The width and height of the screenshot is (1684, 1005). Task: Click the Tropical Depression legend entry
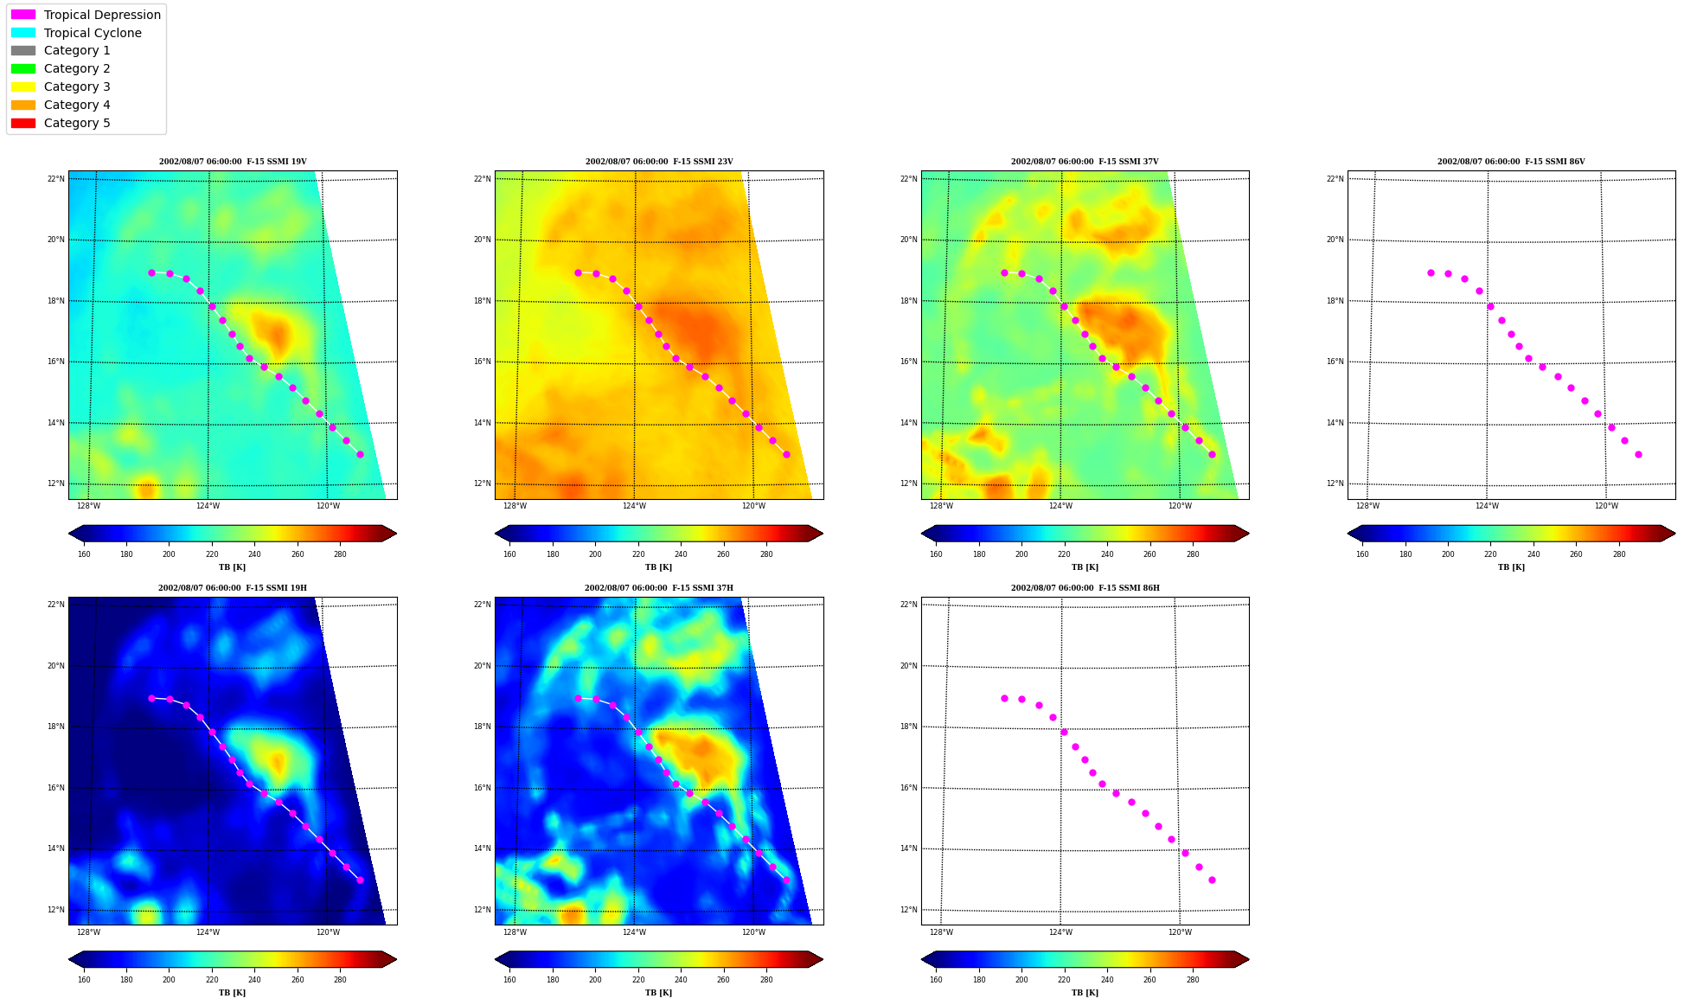coord(86,15)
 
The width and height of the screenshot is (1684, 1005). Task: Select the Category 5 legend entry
coord(61,123)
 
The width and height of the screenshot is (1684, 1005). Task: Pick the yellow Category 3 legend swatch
coord(23,86)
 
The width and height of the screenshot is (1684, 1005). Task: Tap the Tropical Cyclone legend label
coord(93,33)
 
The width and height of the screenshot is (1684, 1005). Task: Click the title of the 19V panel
coord(233,162)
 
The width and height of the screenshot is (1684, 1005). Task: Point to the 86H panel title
coord(1085,588)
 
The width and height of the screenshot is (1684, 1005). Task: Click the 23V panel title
coord(659,162)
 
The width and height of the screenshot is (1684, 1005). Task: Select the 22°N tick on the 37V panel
coord(908,179)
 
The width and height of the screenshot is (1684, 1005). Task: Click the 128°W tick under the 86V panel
coord(1367,506)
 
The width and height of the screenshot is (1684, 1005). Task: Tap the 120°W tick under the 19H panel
coord(328,932)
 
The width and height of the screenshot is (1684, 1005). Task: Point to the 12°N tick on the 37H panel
coord(482,910)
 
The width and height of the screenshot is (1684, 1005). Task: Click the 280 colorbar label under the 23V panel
coord(766,554)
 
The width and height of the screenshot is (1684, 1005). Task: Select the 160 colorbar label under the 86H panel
coord(936,980)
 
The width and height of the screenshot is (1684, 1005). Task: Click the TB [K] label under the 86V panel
coord(1511,567)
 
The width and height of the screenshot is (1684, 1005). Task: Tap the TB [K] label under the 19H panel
coord(232,993)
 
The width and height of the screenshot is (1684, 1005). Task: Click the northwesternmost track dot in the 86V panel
coord(1431,272)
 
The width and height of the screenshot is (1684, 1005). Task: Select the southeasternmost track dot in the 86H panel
coord(1212,880)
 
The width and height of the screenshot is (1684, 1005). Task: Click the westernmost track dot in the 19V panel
coord(151,272)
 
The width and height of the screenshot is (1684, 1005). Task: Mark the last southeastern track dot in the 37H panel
coord(786,880)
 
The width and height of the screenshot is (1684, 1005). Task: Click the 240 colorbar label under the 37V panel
coord(1107,554)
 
